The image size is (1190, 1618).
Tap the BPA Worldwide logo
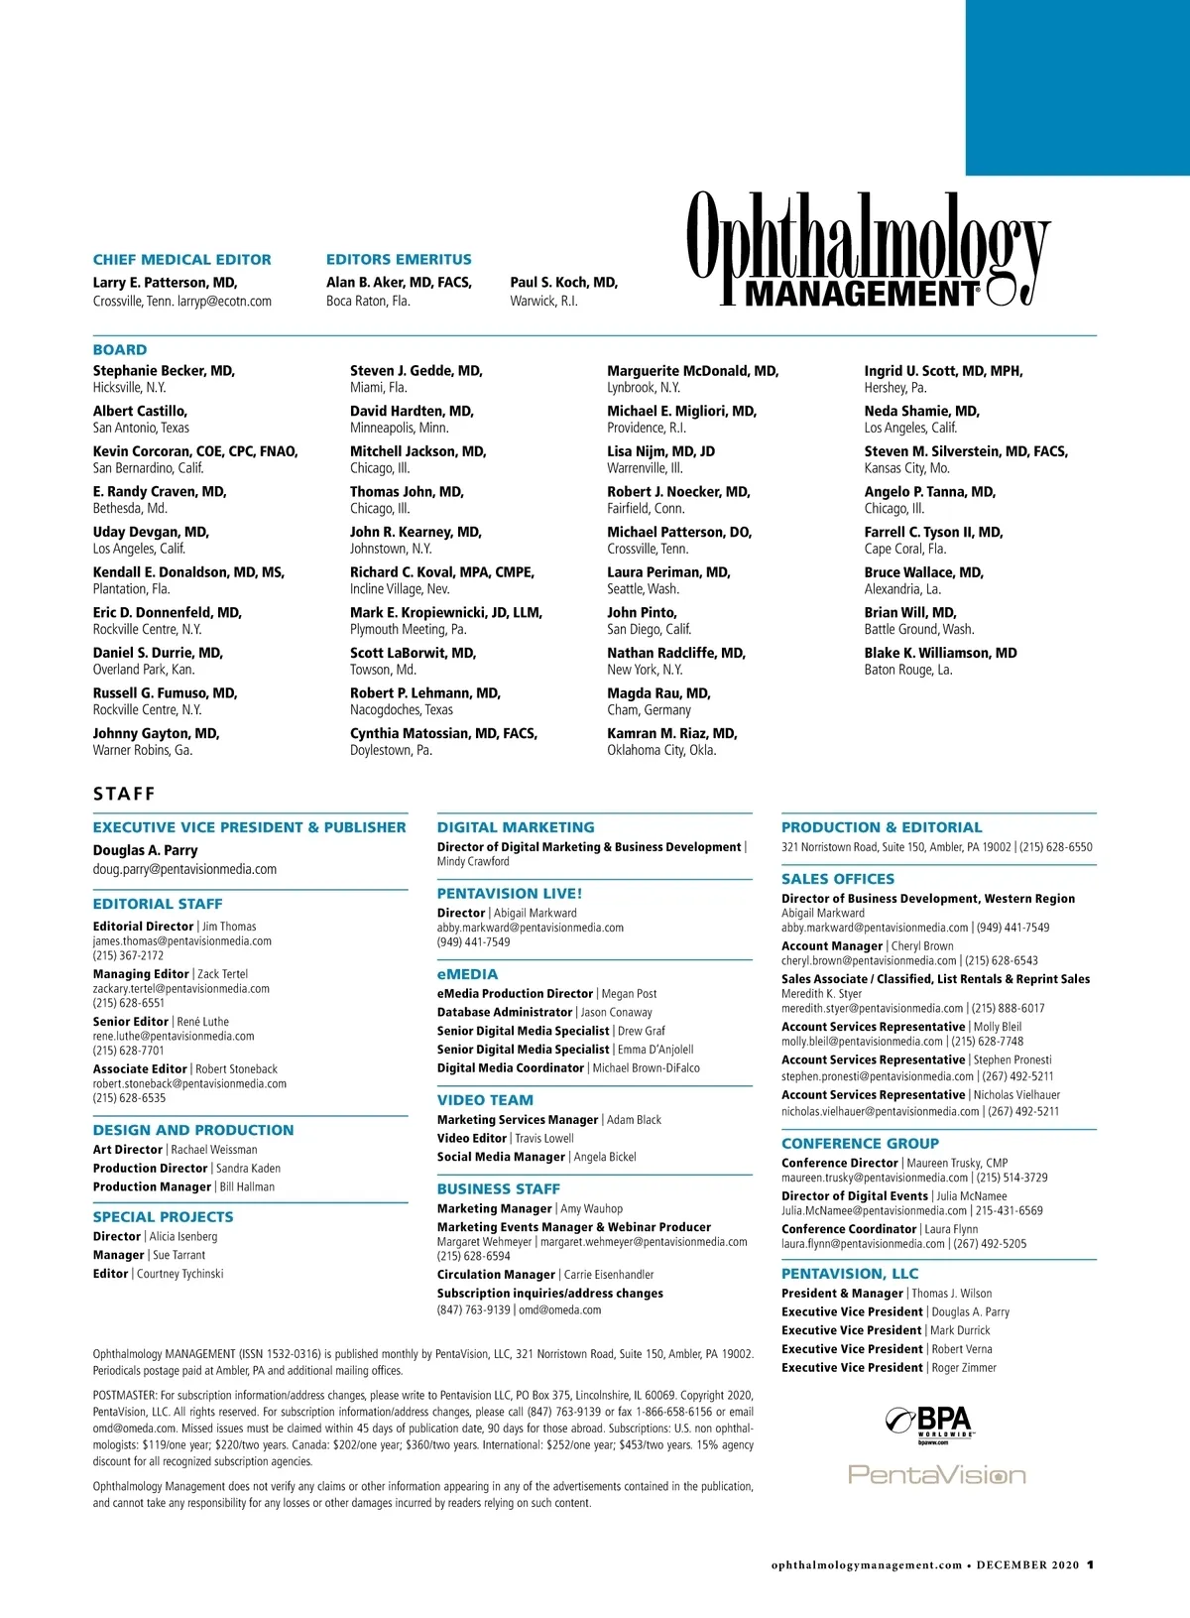[x=929, y=1424]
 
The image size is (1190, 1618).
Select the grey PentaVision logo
[x=936, y=1475]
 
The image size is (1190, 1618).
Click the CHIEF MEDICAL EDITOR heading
[x=181, y=260]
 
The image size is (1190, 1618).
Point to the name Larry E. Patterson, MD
[x=165, y=283]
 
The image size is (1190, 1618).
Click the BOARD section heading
[x=120, y=350]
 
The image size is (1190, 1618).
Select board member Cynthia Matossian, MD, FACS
[x=443, y=733]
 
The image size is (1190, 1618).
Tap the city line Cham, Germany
[x=649, y=710]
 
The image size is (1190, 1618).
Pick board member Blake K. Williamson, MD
[x=940, y=653]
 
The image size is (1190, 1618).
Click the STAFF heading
[x=124, y=794]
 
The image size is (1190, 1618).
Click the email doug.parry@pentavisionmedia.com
[x=184, y=869]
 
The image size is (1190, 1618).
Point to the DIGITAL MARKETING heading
[x=516, y=827]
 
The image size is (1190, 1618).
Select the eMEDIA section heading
[x=467, y=974]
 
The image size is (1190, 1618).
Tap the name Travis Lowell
[x=544, y=1138]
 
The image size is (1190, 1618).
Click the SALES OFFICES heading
[x=837, y=879]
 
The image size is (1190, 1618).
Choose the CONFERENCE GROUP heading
[x=860, y=1143]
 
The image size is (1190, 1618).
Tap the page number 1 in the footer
[x=1090, y=1565]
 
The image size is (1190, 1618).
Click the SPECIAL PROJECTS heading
[x=163, y=1217]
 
